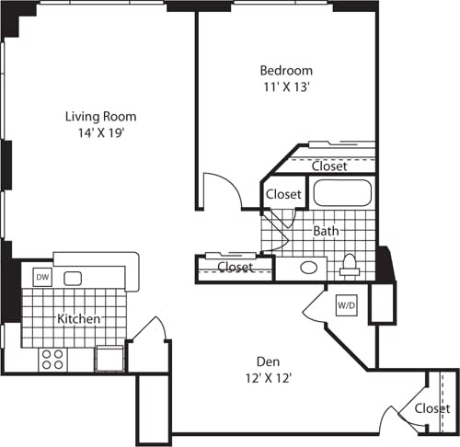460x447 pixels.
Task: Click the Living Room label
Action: click(x=100, y=116)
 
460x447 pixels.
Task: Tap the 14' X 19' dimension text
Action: click(x=100, y=132)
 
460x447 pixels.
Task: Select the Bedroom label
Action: click(x=285, y=70)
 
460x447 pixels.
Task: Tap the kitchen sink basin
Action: click(x=72, y=277)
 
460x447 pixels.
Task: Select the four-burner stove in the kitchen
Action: click(x=52, y=358)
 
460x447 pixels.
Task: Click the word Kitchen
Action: click(x=79, y=319)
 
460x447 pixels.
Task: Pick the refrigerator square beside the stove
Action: click(x=108, y=357)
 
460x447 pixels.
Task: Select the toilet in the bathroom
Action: click(x=349, y=266)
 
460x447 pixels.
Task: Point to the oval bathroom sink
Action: click(x=309, y=268)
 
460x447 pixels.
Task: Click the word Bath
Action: click(x=326, y=231)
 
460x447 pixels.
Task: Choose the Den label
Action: click(x=269, y=361)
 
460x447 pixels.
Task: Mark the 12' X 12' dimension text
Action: click(x=269, y=376)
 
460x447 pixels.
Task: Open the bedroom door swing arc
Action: click(x=224, y=189)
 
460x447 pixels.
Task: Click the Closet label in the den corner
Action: click(x=431, y=407)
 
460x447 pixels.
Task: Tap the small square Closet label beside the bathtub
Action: click(x=283, y=194)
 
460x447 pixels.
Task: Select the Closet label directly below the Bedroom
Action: click(x=328, y=166)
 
